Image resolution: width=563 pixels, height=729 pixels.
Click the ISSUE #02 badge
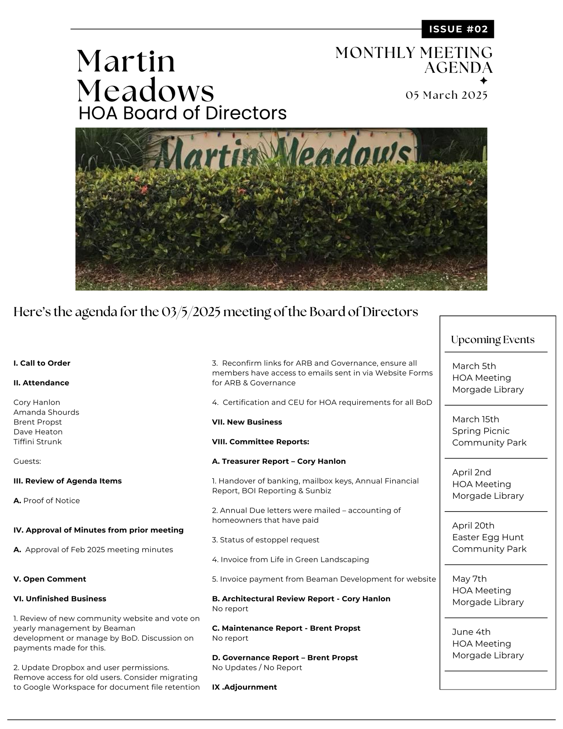click(458, 29)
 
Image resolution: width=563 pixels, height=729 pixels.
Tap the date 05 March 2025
click(446, 95)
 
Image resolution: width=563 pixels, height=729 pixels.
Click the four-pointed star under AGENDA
click(484, 81)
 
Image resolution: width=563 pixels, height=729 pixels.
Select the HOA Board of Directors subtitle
click(182, 113)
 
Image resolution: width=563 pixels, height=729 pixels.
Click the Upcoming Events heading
click(492, 340)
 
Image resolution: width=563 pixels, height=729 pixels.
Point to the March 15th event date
click(476, 419)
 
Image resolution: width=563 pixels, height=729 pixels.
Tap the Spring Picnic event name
click(481, 431)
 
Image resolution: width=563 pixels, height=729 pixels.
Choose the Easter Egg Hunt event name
click(488, 537)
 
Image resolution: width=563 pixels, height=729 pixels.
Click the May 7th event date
click(469, 579)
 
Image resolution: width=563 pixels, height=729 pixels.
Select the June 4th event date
click(471, 632)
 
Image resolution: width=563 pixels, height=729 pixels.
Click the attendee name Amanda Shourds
click(46, 412)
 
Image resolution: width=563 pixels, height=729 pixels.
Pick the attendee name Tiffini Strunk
click(38, 442)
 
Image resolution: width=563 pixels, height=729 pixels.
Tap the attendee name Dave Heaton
click(38, 432)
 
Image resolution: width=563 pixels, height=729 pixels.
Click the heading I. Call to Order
click(42, 363)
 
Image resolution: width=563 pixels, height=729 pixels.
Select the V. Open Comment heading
click(50, 579)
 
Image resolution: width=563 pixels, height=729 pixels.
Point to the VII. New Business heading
click(247, 422)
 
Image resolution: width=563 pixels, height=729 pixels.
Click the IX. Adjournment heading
click(244, 687)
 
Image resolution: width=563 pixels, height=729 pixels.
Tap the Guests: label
click(27, 461)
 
